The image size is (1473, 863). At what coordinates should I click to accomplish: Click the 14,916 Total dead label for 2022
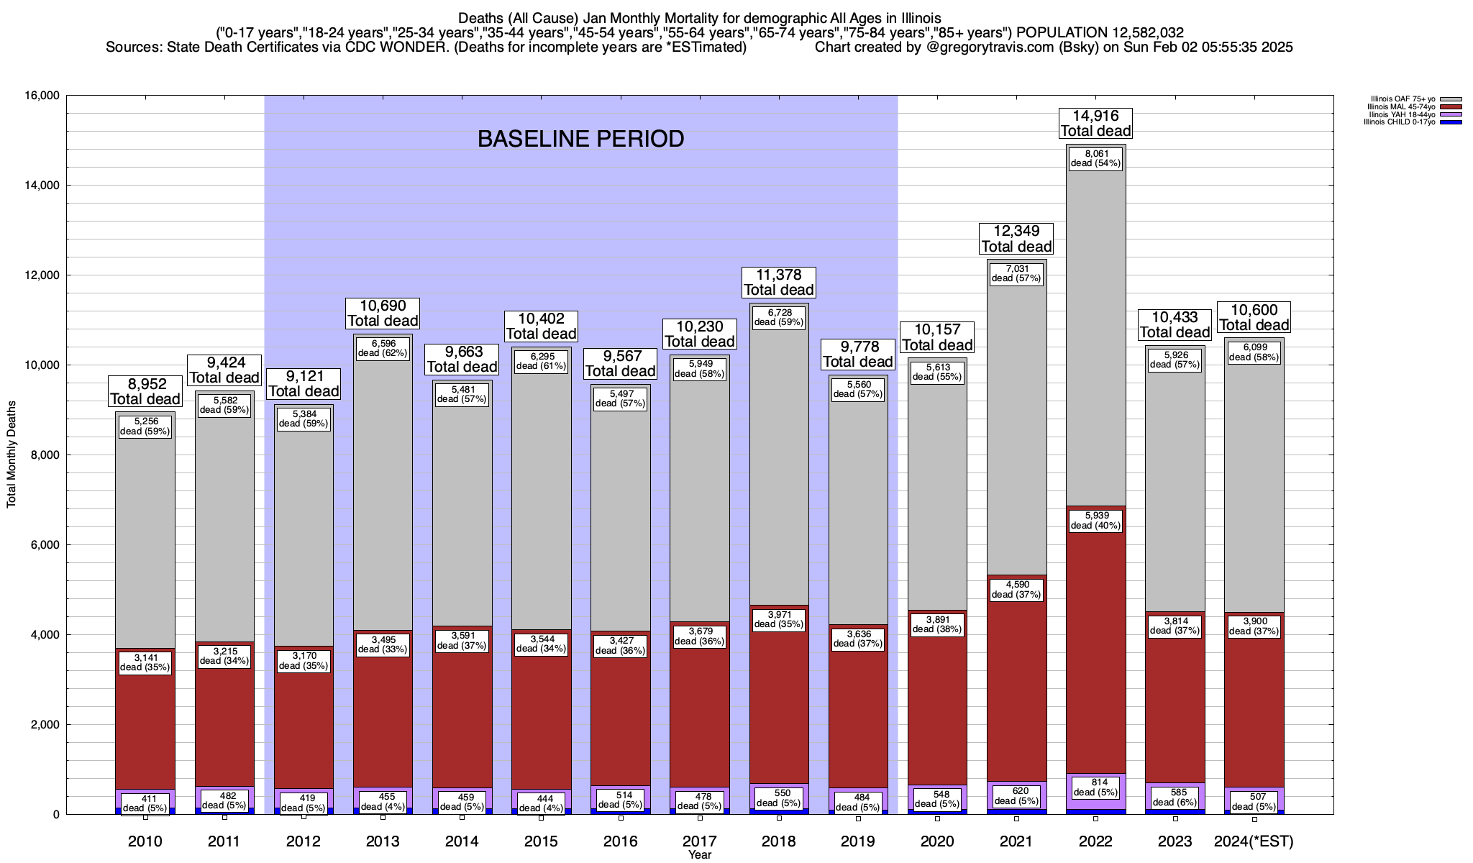pyautogui.click(x=1095, y=123)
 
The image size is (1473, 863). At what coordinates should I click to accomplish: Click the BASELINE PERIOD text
pyautogui.click(x=580, y=139)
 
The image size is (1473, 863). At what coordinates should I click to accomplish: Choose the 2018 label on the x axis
pyautogui.click(x=779, y=841)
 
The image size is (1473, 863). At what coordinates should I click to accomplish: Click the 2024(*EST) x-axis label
pyautogui.click(x=1254, y=841)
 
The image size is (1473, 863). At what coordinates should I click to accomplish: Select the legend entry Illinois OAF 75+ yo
pyautogui.click(x=1403, y=99)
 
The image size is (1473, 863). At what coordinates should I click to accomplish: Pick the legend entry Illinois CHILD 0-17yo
pyautogui.click(x=1403, y=122)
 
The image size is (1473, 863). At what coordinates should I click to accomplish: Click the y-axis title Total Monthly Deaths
pyautogui.click(x=12, y=455)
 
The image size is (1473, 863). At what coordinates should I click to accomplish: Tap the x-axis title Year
pyautogui.click(x=699, y=855)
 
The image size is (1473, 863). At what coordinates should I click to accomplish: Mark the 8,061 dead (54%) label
pyautogui.click(x=1095, y=158)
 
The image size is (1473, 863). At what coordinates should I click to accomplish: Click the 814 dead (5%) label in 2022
pyautogui.click(x=1095, y=788)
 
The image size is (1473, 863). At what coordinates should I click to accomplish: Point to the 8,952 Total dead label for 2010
pyautogui.click(x=145, y=391)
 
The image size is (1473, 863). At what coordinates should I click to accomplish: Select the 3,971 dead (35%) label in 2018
pyautogui.click(x=779, y=619)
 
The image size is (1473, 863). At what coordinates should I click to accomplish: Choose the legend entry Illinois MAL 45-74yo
pyautogui.click(x=1403, y=107)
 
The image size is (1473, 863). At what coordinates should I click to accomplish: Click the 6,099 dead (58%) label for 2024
pyautogui.click(x=1254, y=352)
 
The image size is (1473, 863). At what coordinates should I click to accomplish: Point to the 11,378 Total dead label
pyautogui.click(x=779, y=282)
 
